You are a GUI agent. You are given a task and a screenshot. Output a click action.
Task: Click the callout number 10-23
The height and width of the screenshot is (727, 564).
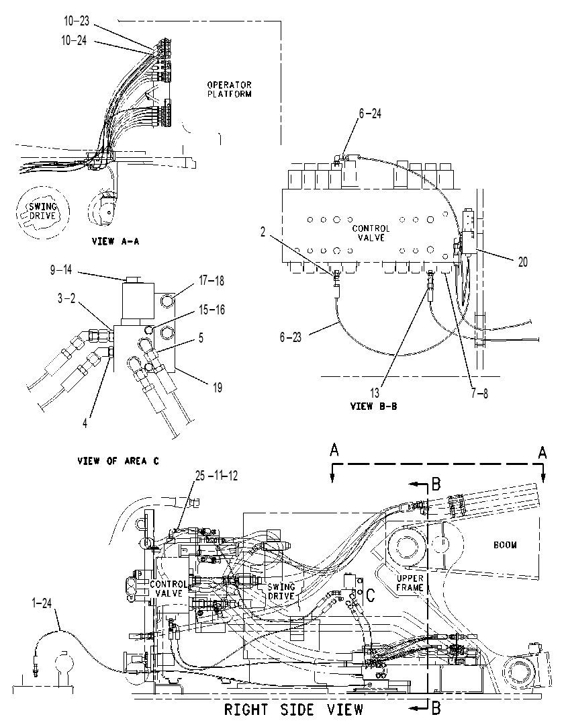coord(77,22)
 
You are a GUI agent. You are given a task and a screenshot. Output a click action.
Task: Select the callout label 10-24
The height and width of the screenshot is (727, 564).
coord(74,41)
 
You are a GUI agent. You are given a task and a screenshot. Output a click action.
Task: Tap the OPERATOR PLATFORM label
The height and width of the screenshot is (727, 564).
coord(230,89)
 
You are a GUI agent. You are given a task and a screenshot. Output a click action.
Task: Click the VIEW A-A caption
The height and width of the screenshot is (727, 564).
coord(115,241)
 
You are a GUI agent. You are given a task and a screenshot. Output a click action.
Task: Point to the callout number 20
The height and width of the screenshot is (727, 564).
coord(523,262)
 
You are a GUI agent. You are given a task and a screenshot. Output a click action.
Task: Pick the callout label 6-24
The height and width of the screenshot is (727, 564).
coord(370,114)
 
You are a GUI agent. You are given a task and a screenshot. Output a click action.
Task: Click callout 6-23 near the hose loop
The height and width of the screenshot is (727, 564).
coord(291,337)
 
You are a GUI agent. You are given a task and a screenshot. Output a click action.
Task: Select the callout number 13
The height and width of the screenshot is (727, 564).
coord(375,393)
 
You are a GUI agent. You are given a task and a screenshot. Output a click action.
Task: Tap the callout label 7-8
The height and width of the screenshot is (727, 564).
coord(479,394)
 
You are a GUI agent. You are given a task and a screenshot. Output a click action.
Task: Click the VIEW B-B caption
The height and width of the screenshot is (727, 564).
coord(373,406)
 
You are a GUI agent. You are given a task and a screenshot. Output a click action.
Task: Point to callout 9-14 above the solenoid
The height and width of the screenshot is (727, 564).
coord(61,270)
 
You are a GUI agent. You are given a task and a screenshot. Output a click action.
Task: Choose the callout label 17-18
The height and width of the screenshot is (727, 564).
coord(211,281)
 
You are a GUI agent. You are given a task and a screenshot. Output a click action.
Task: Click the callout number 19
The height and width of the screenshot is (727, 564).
coord(218,388)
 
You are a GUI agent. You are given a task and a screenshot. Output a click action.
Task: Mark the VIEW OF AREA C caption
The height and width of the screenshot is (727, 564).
coord(118,461)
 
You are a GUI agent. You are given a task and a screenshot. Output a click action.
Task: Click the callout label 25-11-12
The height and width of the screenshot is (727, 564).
coord(216,476)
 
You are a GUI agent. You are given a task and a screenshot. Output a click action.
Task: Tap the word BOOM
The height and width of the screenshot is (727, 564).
coord(505,546)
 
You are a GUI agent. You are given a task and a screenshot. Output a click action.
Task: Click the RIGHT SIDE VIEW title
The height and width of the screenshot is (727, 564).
coord(294,710)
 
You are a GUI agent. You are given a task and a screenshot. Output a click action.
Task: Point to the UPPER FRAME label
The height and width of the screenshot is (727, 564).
coord(410,583)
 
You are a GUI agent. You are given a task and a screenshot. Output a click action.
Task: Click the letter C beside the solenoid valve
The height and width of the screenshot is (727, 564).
coord(371,595)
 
